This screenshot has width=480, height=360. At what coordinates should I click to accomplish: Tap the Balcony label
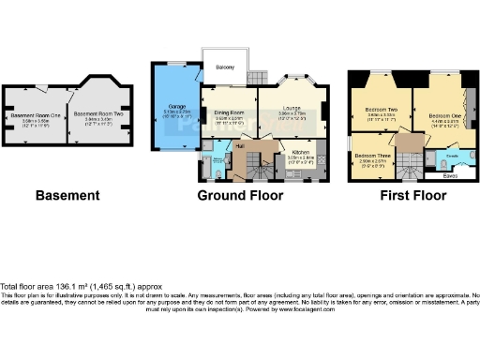[x=224, y=67]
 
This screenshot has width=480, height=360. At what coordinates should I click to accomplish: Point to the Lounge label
[x=292, y=110]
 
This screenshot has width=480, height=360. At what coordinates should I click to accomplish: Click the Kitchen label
[x=301, y=150]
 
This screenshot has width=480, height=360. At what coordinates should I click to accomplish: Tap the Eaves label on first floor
[x=451, y=175]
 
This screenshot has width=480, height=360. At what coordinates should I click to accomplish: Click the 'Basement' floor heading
[x=67, y=196]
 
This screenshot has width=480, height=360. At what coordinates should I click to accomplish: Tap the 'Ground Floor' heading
[x=240, y=196]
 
